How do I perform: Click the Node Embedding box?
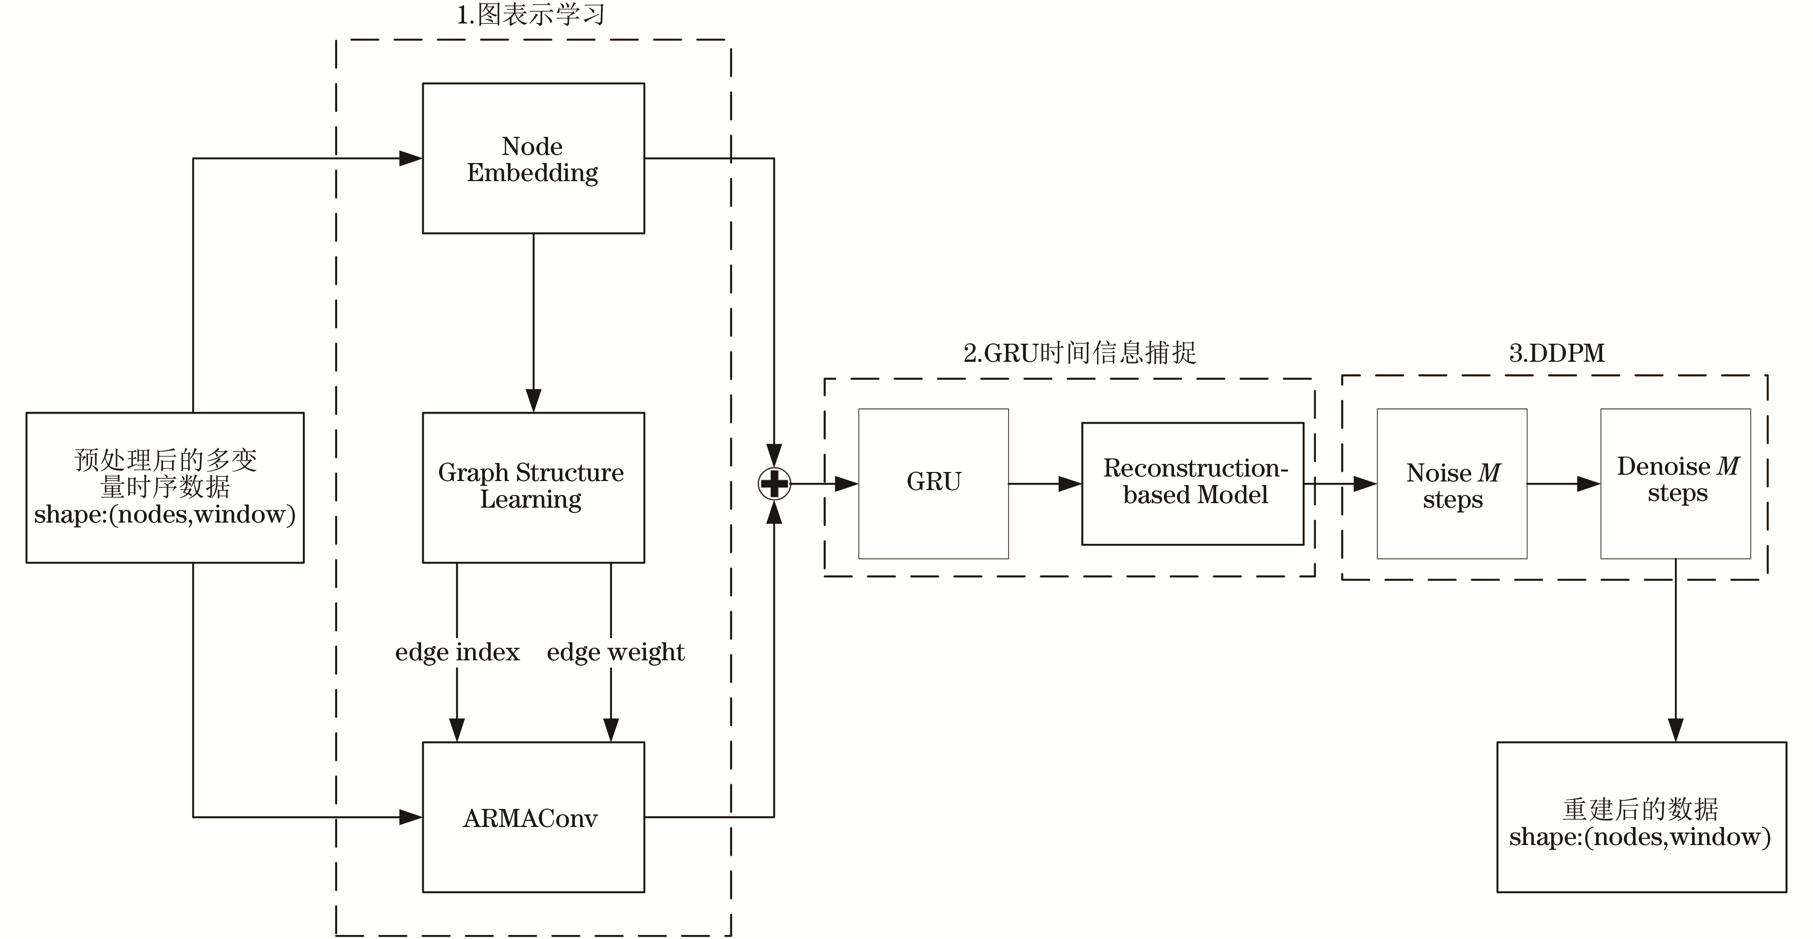pyautogui.click(x=533, y=159)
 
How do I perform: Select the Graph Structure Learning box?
pyautogui.click(x=533, y=487)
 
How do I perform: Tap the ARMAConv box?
pyautogui.click(x=533, y=817)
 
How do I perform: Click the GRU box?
pyautogui.click(x=933, y=484)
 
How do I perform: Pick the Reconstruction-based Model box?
pyautogui.click(x=1192, y=484)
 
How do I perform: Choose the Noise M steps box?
pyautogui.click(x=1451, y=484)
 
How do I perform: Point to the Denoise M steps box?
pyautogui.click(x=1675, y=484)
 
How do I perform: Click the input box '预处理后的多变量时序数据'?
pyautogui.click(x=165, y=487)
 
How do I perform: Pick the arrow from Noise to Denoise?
pyautogui.click(x=1564, y=484)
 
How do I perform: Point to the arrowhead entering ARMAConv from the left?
pyautogui.click(x=410, y=817)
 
